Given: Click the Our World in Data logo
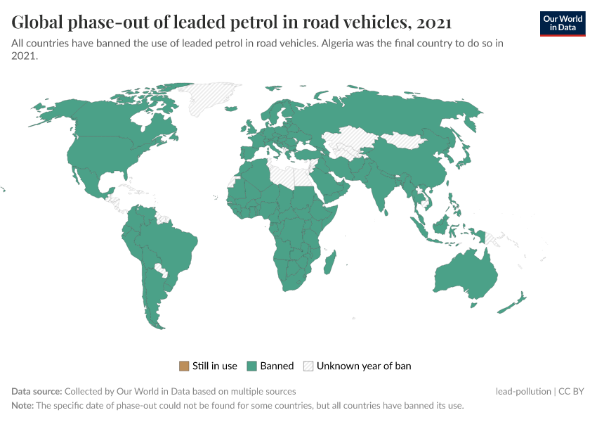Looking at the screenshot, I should [562, 23].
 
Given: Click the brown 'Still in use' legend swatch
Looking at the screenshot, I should [184, 366].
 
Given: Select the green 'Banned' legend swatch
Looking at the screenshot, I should [251, 366].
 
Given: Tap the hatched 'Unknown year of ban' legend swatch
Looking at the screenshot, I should [308, 366].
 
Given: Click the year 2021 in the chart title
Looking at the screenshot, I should [433, 23].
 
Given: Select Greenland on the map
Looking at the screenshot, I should [211, 98].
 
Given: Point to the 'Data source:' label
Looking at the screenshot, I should [37, 391].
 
